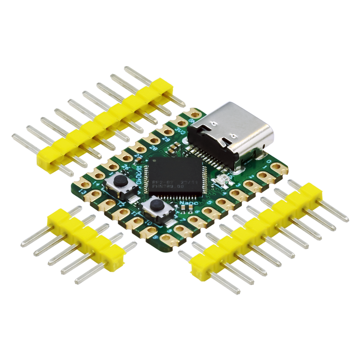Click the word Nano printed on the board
[189, 203]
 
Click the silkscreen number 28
[154, 148]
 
